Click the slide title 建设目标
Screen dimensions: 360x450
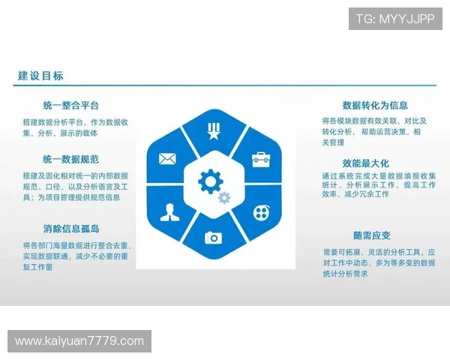[41, 76]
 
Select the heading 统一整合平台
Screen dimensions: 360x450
[71, 106]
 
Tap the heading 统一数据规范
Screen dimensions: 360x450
[71, 159]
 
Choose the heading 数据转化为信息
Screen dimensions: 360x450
[375, 106]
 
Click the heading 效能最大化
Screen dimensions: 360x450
[366, 163]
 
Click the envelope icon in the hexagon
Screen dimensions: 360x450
[166, 159]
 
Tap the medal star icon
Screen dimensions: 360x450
[213, 132]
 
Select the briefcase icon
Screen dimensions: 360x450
[260, 159]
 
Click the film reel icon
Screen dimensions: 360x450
[260, 211]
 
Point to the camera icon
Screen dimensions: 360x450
[214, 237]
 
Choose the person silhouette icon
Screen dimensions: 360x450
[167, 212]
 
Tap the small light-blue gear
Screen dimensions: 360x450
[223, 197]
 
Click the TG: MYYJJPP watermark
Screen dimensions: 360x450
[395, 18]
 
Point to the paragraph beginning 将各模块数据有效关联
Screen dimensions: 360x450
[374, 131]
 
